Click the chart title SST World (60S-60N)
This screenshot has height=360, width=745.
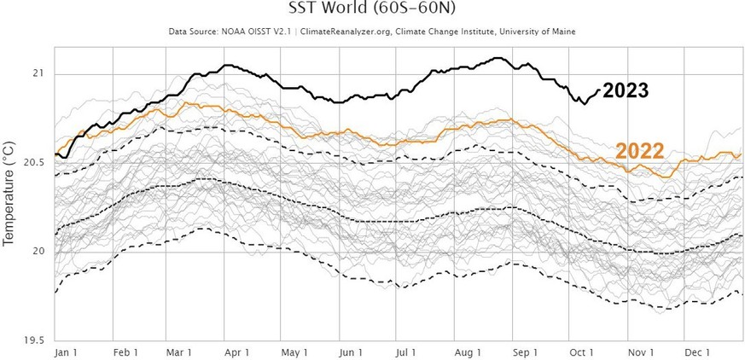click(372, 10)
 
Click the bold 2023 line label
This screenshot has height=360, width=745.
click(626, 91)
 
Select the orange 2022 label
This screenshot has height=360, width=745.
click(641, 151)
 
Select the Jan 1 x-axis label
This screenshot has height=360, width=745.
click(66, 351)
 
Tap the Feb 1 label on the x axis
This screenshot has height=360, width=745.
click(125, 351)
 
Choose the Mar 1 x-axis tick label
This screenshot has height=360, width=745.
click(179, 351)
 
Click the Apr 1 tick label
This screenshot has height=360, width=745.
click(236, 351)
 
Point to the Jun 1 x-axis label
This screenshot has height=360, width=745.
click(351, 351)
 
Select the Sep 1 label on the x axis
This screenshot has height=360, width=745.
click(525, 351)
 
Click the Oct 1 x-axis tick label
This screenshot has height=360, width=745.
click(581, 351)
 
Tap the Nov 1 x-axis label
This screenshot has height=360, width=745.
click(639, 351)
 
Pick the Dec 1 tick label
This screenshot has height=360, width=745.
click(696, 351)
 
